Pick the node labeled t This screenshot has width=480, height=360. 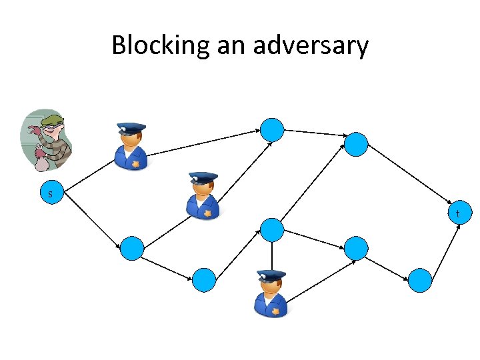click(457, 213)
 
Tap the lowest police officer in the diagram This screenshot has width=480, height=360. click(271, 293)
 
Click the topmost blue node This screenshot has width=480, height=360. click(272, 129)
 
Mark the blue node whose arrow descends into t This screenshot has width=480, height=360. click(356, 144)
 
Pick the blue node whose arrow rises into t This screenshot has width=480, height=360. click(420, 280)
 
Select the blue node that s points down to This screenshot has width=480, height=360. click(132, 248)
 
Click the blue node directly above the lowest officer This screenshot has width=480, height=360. click(272, 230)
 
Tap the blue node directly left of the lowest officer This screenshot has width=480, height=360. click(204, 280)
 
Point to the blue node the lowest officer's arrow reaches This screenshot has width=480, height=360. click(356, 248)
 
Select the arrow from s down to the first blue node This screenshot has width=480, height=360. click(91, 221)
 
